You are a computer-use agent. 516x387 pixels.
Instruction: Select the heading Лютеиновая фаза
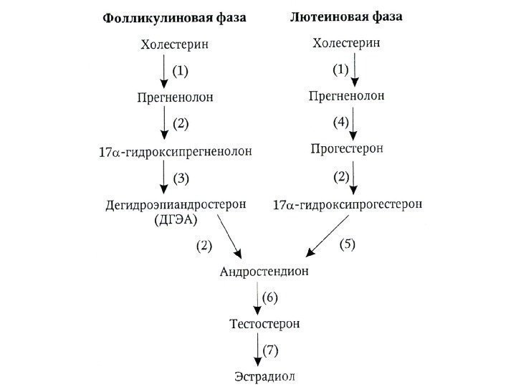[345, 16]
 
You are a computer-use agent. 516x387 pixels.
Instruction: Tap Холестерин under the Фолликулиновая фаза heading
[175, 45]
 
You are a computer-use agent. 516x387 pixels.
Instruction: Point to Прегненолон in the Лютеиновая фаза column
[346, 95]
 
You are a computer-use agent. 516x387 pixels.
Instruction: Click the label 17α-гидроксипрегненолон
[176, 152]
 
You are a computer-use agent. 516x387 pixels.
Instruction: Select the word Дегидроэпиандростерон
[176, 204]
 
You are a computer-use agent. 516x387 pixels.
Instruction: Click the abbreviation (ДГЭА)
[174, 219]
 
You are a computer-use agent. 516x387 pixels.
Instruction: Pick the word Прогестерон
[348, 149]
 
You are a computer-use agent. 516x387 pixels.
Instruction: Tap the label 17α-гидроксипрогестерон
[348, 204]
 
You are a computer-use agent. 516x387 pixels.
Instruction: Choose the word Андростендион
[264, 272]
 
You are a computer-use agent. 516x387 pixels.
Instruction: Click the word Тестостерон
[264, 324]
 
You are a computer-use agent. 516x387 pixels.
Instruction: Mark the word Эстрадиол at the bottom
[264, 376]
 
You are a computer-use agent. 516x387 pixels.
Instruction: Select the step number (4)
[340, 122]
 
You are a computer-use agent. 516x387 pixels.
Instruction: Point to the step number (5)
[347, 244]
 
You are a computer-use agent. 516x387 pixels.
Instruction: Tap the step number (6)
[269, 297]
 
